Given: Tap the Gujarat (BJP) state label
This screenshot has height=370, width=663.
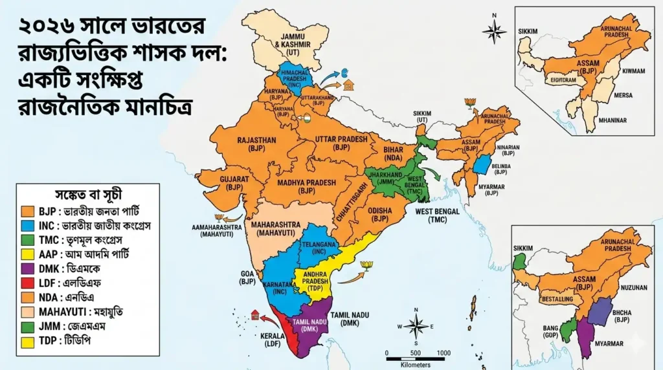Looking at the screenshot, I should click(x=234, y=182).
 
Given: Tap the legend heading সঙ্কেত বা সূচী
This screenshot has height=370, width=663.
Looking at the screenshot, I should click(x=88, y=194).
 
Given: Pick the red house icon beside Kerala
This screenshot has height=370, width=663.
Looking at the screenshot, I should click(x=255, y=314).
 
